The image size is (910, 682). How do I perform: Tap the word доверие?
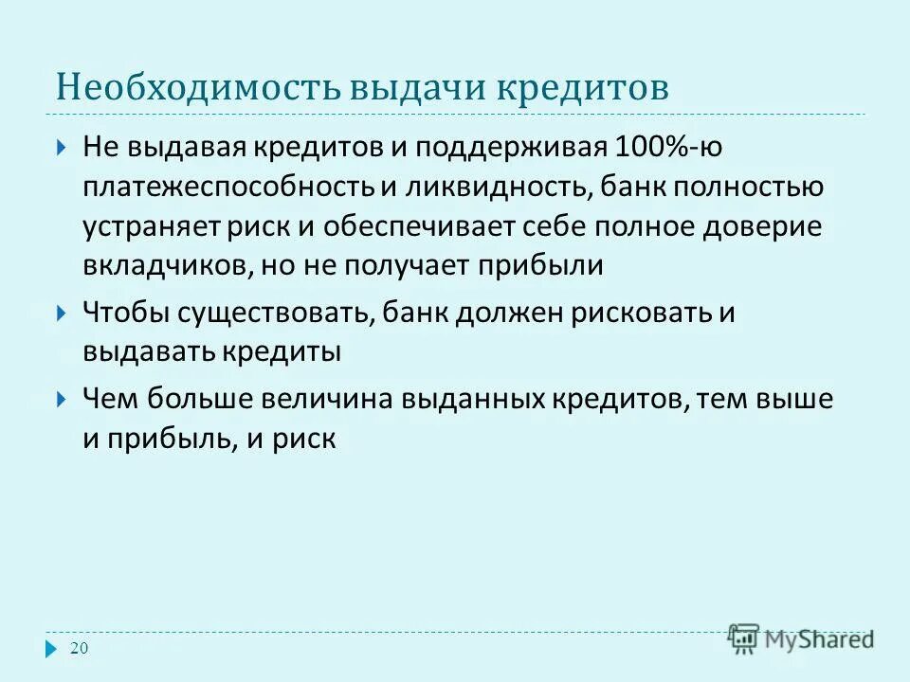point(770,226)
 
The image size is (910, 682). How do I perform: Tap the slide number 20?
point(80,648)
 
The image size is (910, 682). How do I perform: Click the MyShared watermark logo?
point(801,637)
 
